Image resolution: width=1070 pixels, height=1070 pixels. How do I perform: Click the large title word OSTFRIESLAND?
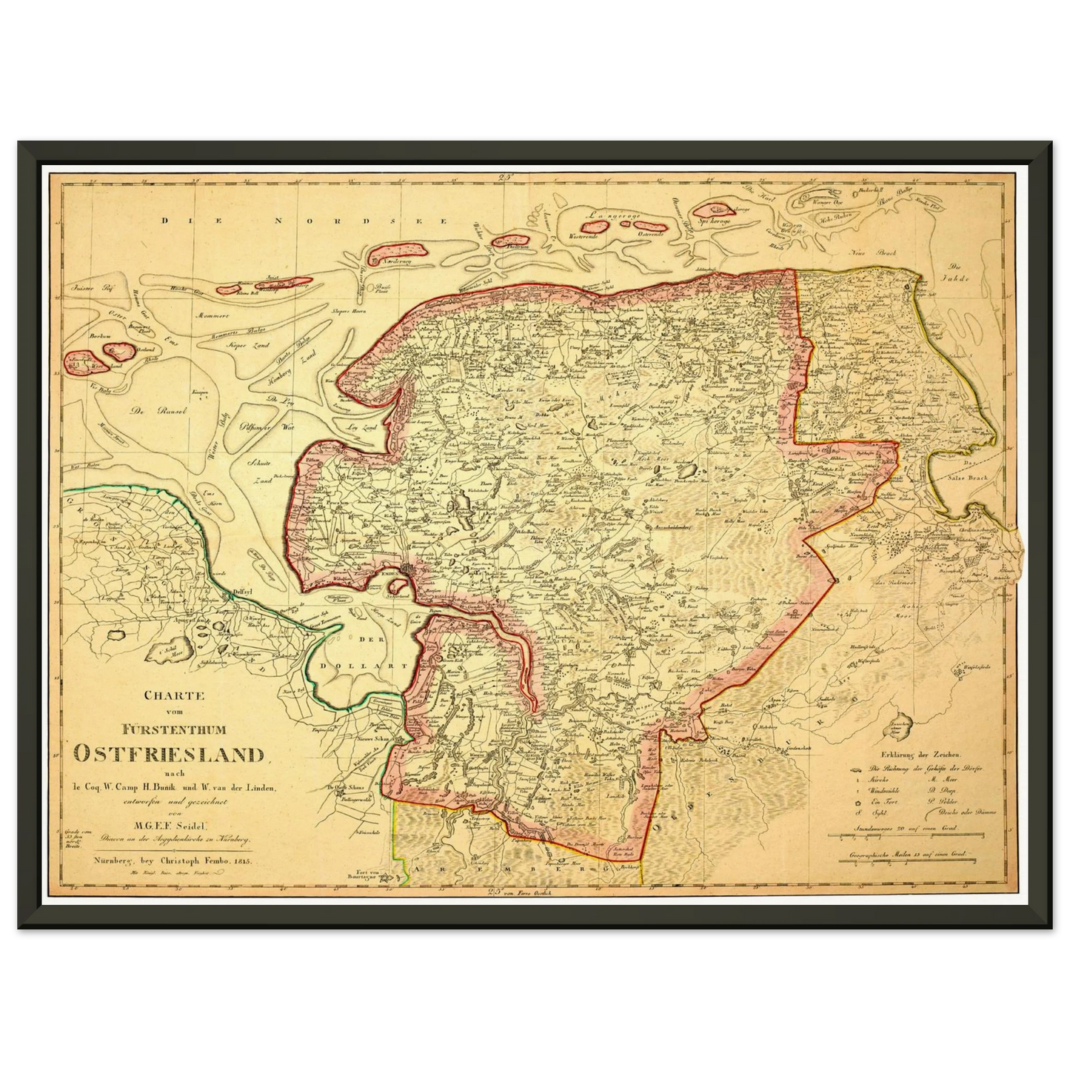(170, 754)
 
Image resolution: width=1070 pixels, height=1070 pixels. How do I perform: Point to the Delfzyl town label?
(241, 593)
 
